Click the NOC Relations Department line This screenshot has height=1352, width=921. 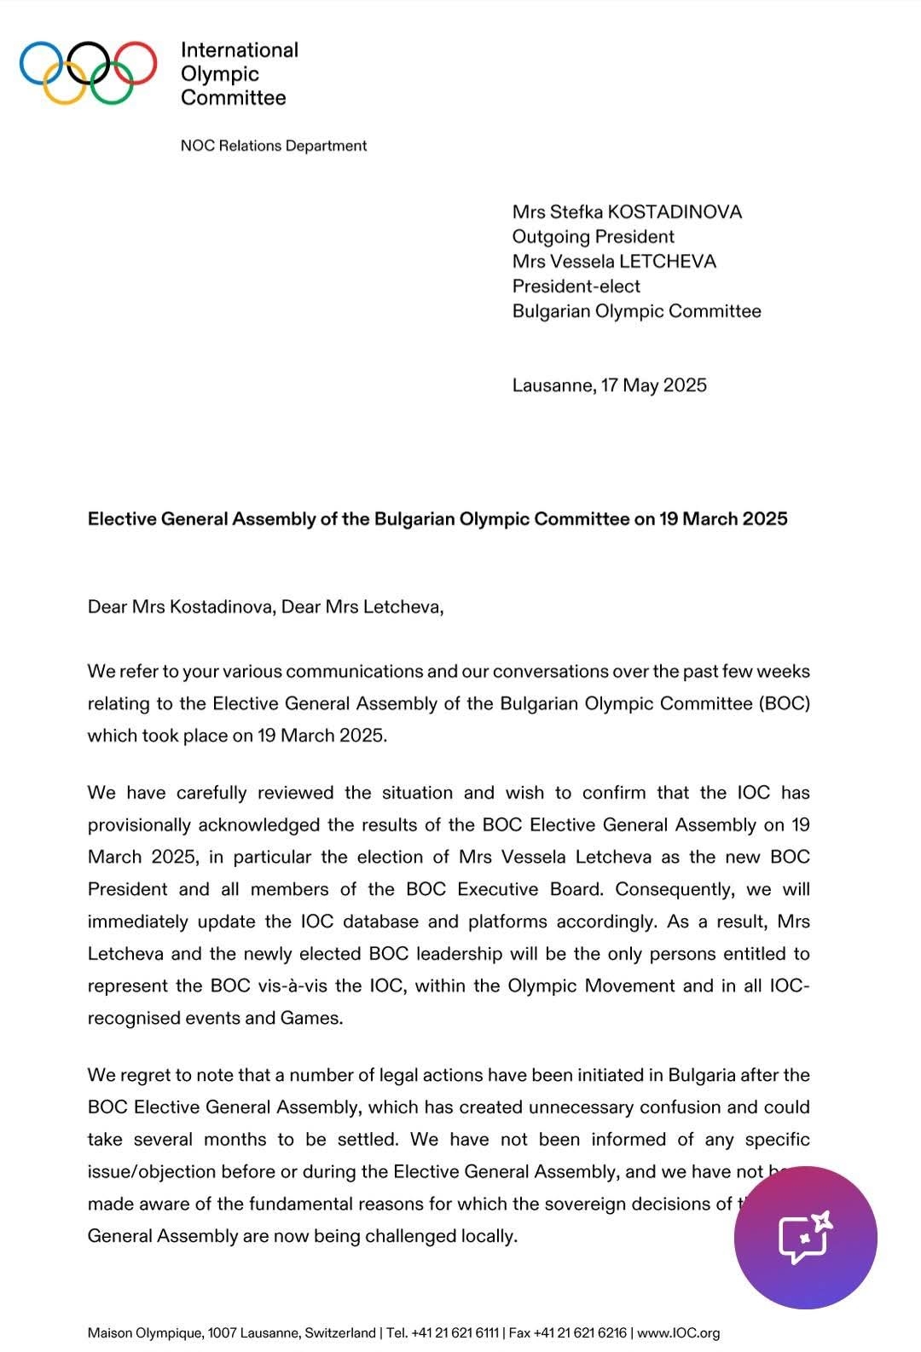pos(273,146)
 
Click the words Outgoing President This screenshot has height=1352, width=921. pos(593,236)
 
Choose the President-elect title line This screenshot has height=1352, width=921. pos(576,286)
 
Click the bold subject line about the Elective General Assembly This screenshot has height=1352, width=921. pos(437,518)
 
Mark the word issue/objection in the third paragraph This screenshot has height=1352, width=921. pos(151,1171)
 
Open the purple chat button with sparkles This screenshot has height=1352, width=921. pos(805,1237)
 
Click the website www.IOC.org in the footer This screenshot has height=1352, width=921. pos(679,1332)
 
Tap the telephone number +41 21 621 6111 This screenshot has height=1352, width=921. pos(455,1332)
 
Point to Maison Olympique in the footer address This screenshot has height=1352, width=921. pos(145,1332)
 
